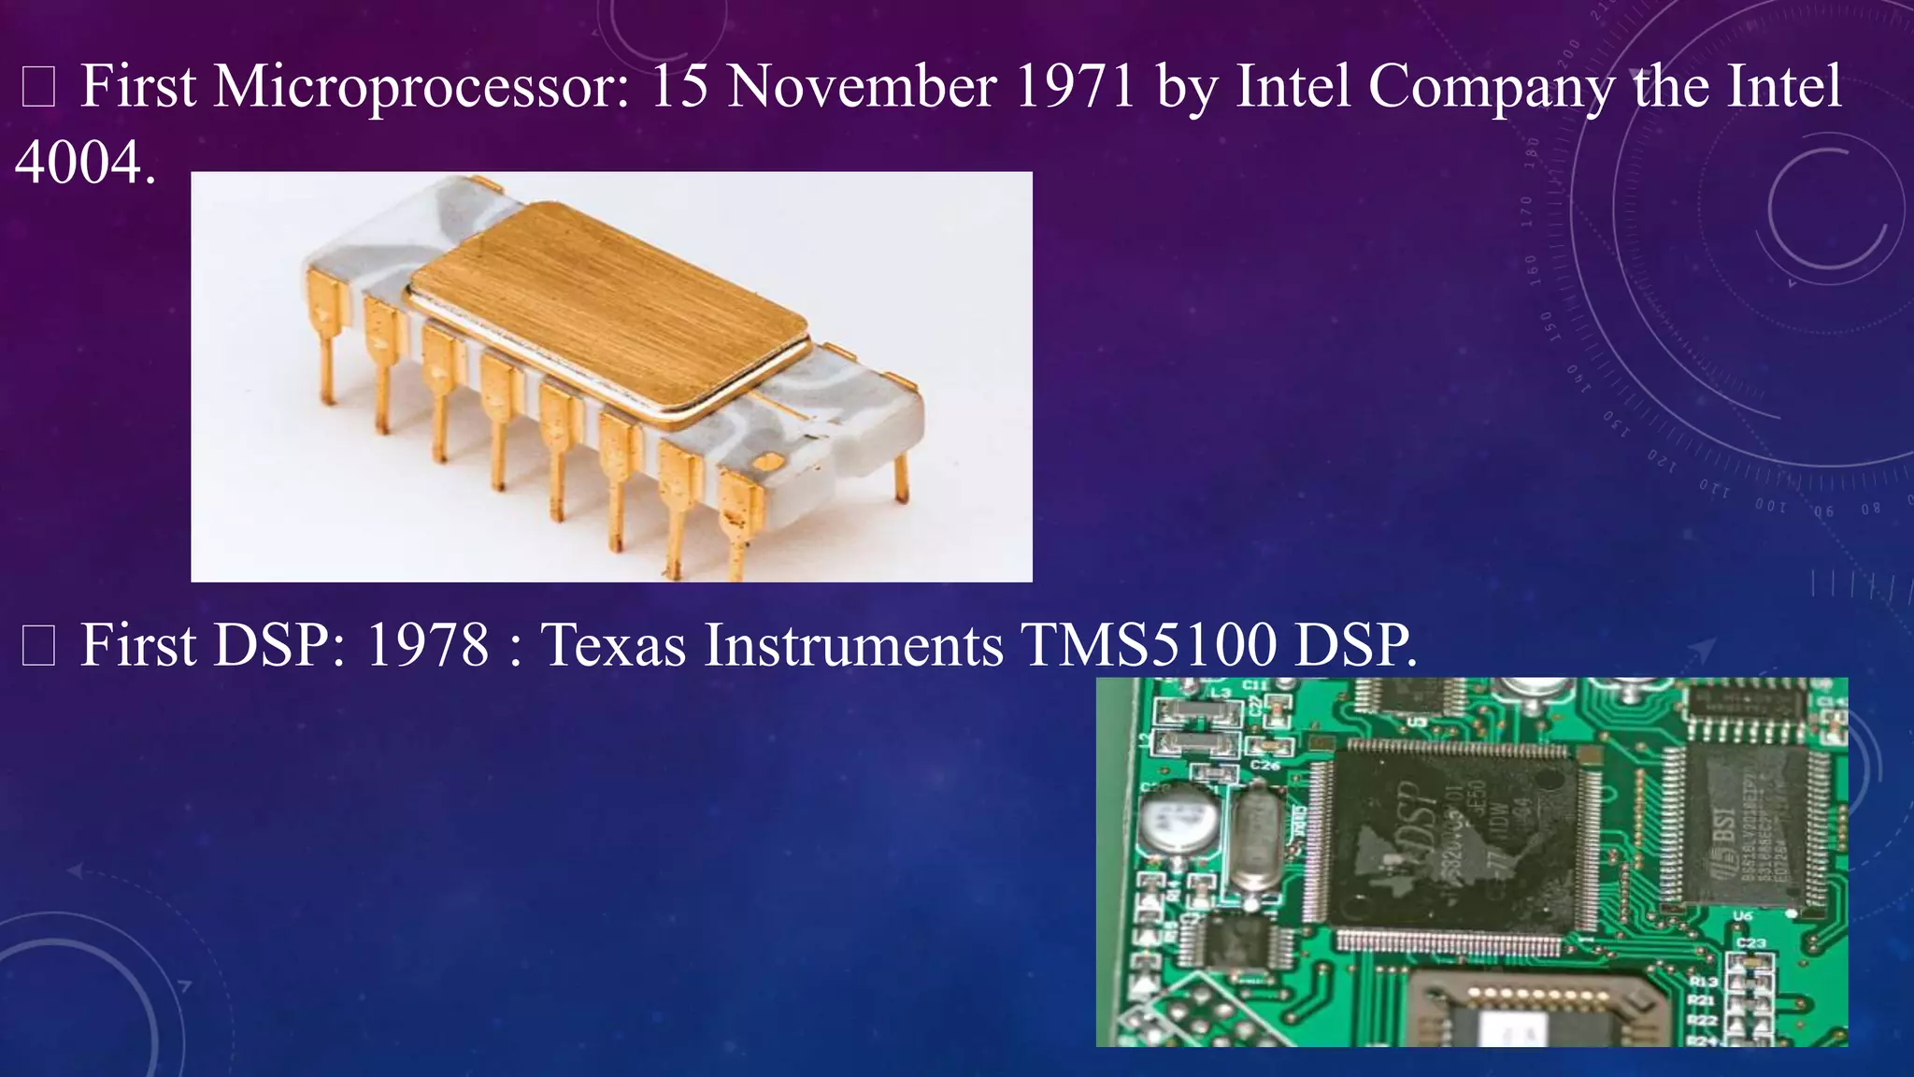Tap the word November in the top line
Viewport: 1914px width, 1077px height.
point(862,87)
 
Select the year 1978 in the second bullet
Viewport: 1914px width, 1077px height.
point(427,645)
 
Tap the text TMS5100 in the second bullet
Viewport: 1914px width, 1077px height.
point(1149,645)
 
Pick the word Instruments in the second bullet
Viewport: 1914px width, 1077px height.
point(853,645)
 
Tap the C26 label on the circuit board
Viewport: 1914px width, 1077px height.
point(1264,766)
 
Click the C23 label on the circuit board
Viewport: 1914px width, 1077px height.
point(1750,942)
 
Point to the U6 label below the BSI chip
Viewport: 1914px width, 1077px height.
point(1743,915)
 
